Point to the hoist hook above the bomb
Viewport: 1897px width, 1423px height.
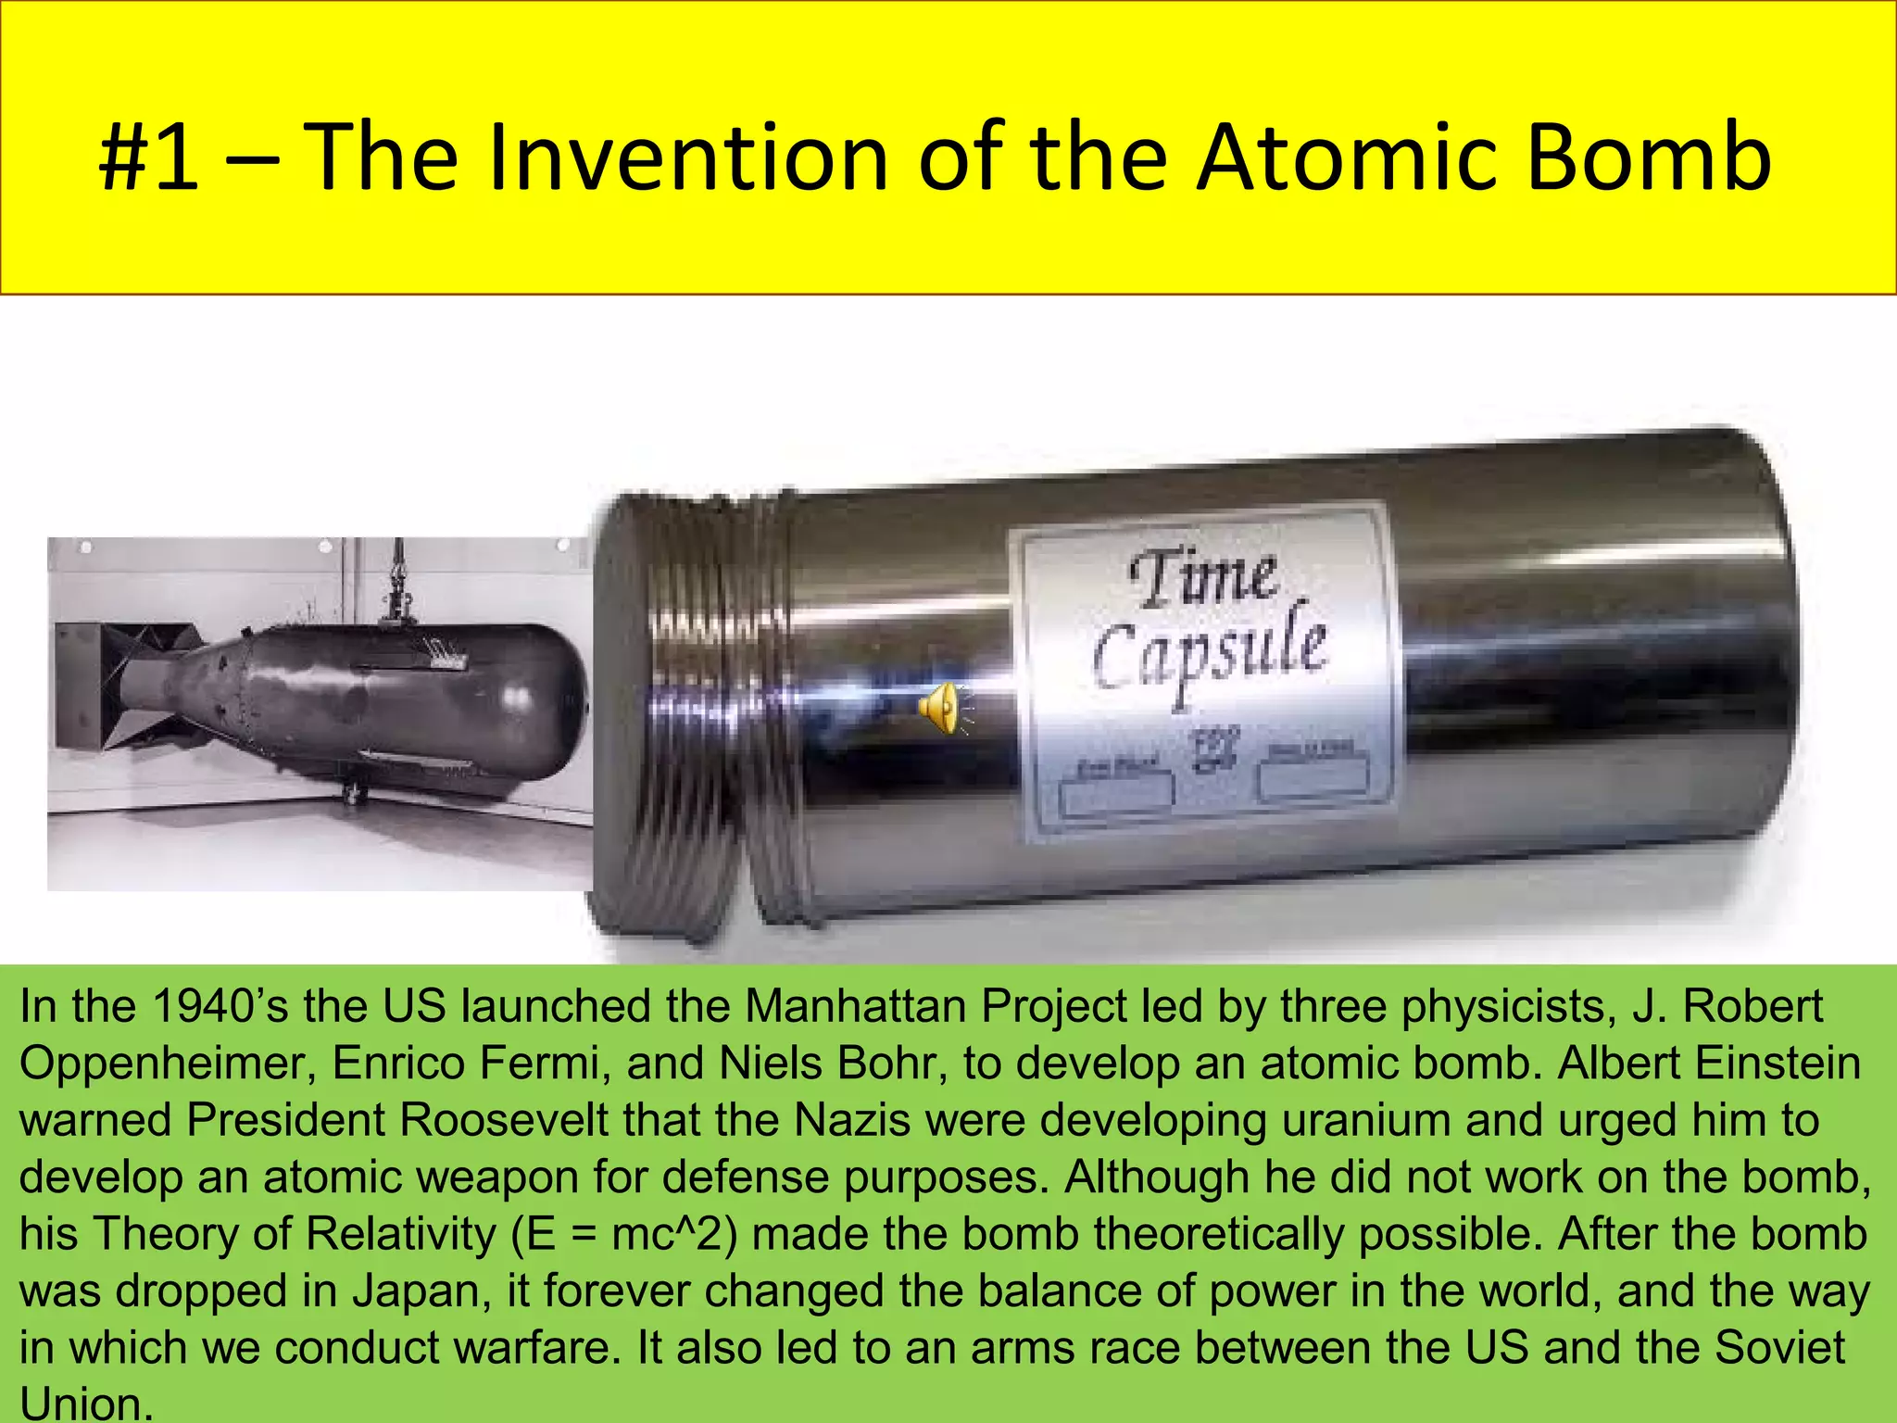pyautogui.click(x=399, y=593)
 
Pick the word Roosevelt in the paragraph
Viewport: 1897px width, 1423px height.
pyautogui.click(x=504, y=1120)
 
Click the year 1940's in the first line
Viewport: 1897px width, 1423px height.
pyautogui.click(x=219, y=1007)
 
